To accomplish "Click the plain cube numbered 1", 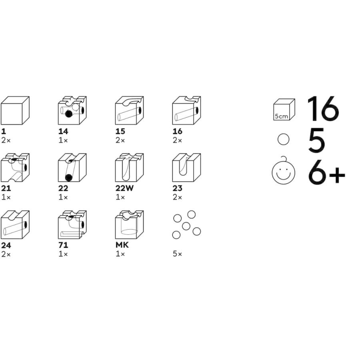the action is (x=15, y=110).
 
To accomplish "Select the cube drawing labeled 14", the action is (x=72, y=110).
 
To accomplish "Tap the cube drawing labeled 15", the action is (x=130, y=110).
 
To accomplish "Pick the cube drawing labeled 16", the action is (x=187, y=110).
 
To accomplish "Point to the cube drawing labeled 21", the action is (x=15, y=168).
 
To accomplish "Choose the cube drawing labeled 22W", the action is (x=130, y=168).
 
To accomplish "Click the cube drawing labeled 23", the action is (x=187, y=168).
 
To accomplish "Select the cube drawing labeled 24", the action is (x=15, y=225).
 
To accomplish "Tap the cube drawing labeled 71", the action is (x=72, y=225).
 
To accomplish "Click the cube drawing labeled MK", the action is (x=130, y=225).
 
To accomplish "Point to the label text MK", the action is (x=122, y=245).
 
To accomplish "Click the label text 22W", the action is (x=124, y=188).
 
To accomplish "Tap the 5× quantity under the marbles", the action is (x=177, y=254).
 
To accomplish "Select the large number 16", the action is (x=322, y=108).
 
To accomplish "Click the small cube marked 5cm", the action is (x=284, y=110).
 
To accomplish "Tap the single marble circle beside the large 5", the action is (x=283, y=139).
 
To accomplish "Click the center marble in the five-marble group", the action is (x=186, y=226).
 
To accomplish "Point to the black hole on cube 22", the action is (x=68, y=178).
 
